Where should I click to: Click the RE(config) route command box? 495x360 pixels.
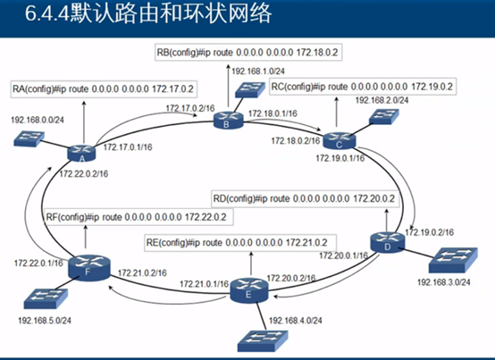click(235, 242)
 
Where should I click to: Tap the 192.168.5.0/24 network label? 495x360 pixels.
click(44, 317)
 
